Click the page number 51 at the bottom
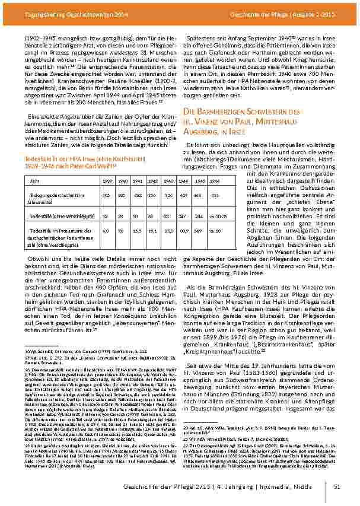coord(337,487)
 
